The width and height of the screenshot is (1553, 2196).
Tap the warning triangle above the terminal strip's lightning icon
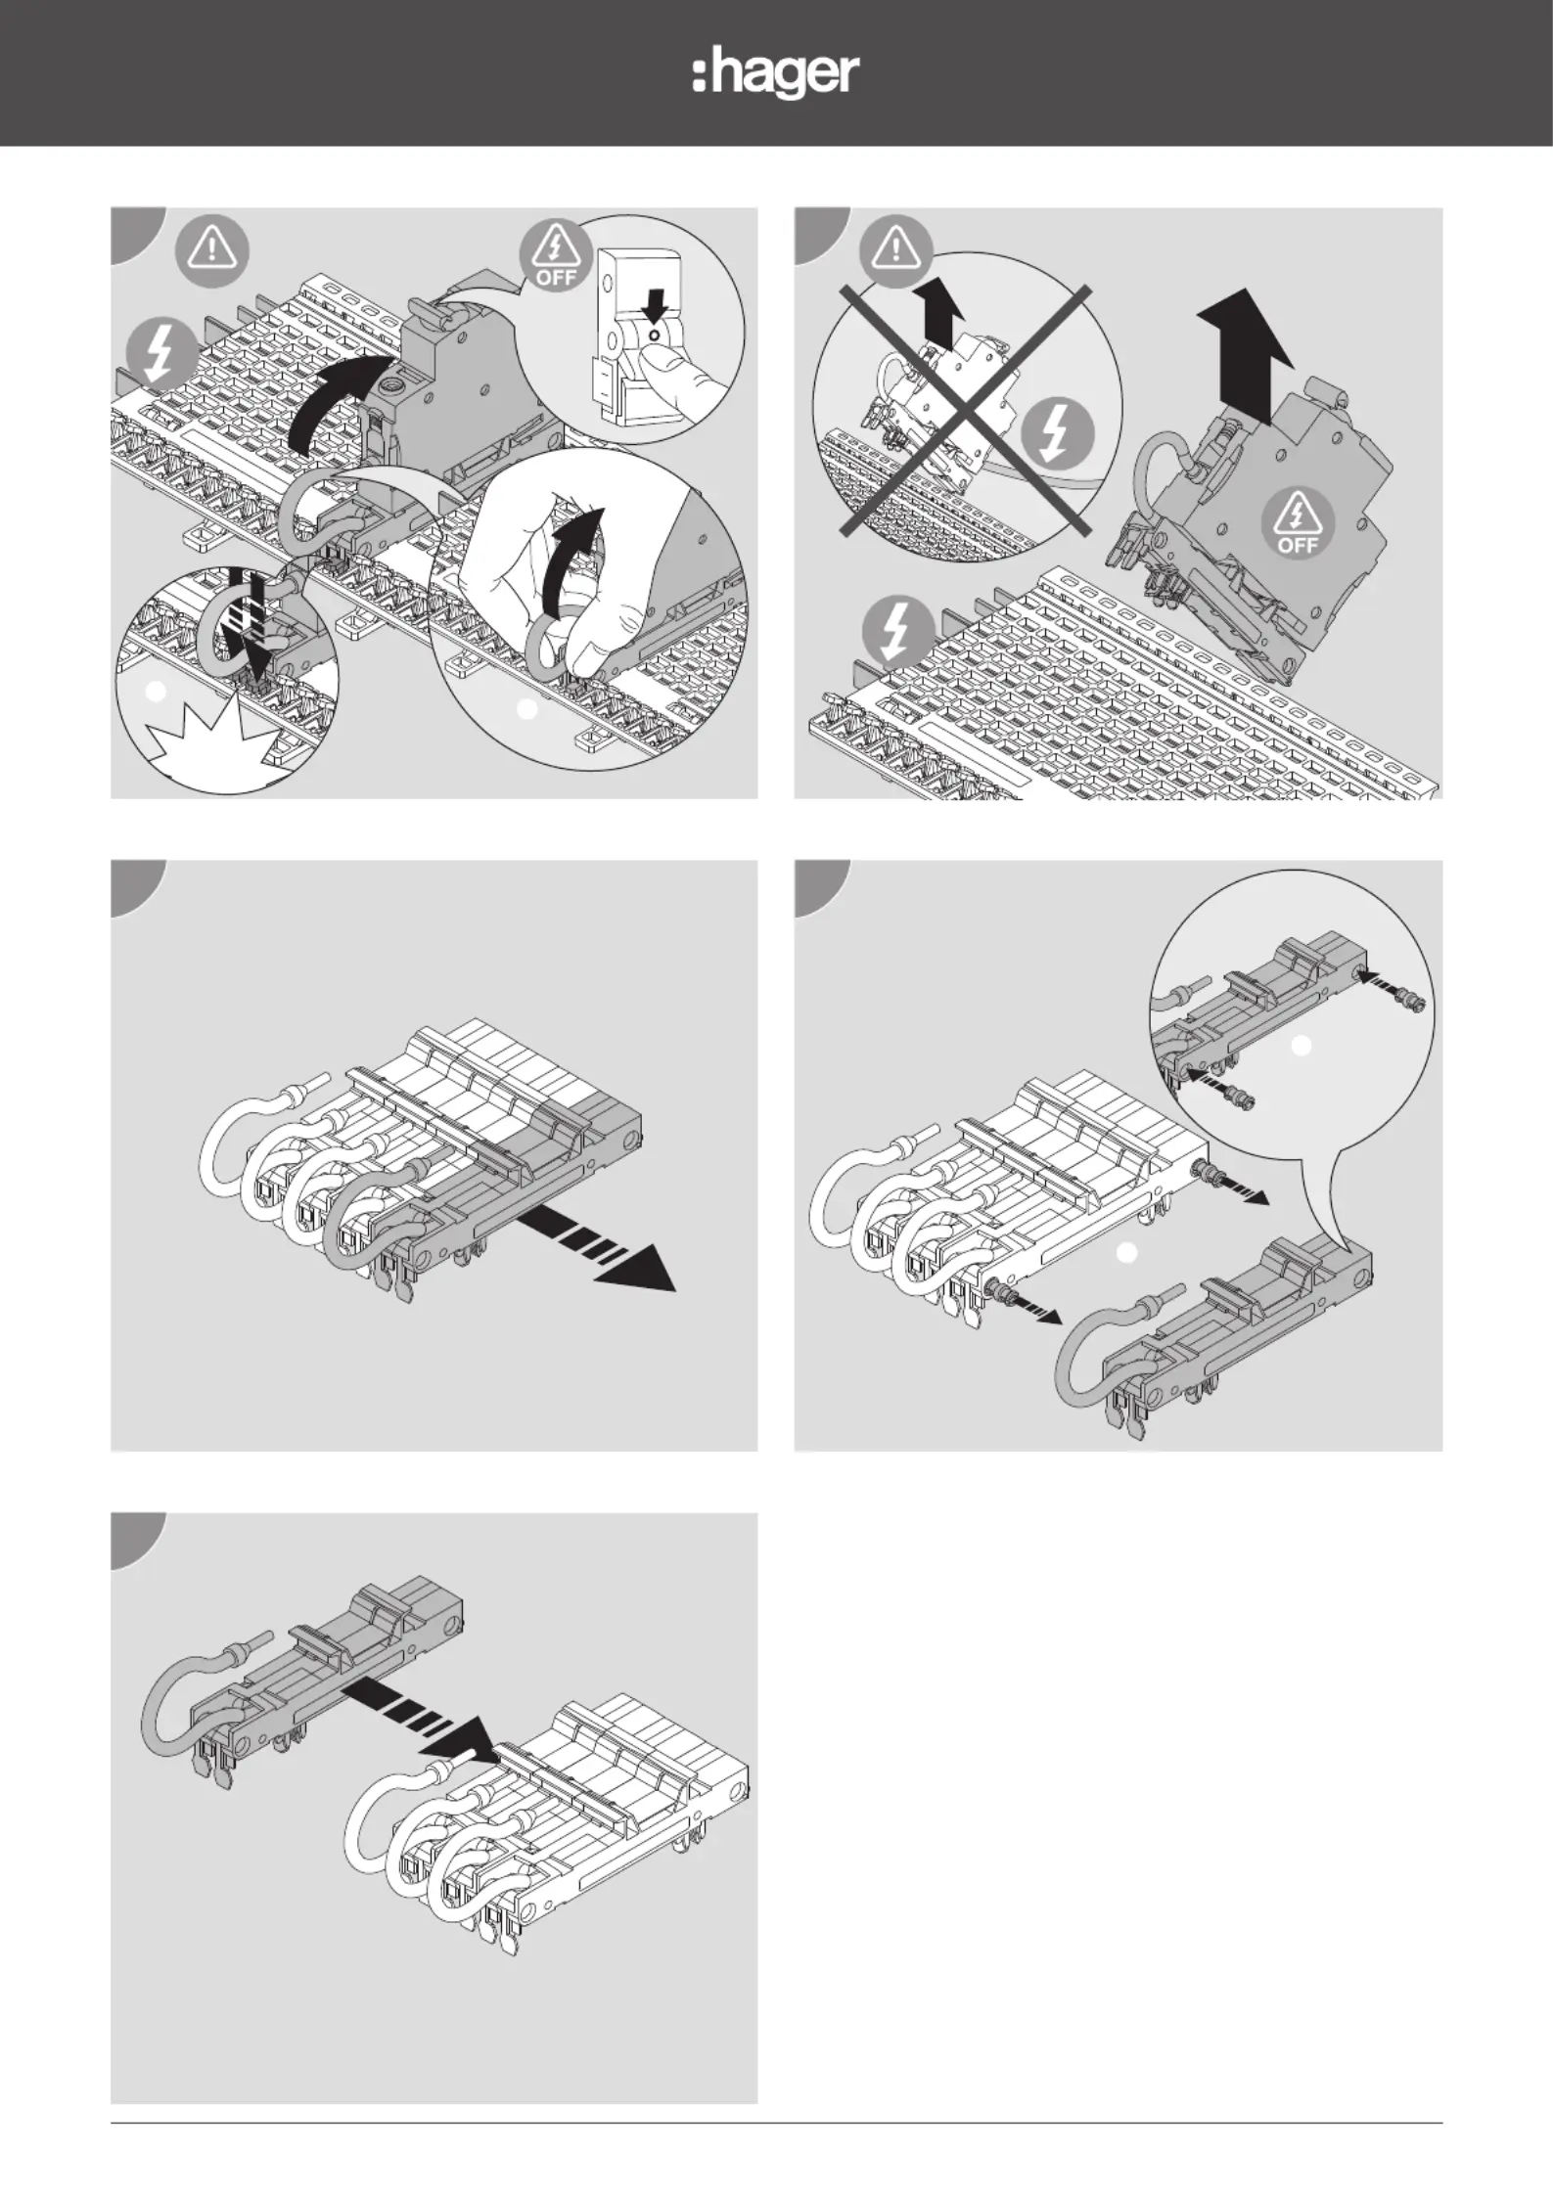coord(211,251)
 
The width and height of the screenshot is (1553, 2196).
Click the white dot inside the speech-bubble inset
coord(1301,1047)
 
